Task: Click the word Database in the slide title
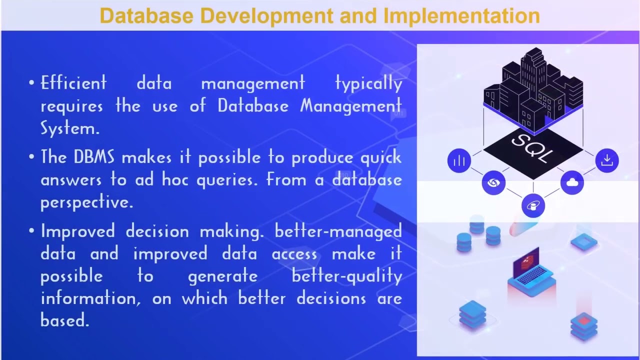146,15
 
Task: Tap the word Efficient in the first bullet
73,83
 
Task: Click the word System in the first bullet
70,127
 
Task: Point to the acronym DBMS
94,157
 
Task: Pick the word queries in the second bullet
227,180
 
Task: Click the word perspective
87,203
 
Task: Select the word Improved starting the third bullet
77,231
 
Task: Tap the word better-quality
347,276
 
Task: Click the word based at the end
65,319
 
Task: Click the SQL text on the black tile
532,147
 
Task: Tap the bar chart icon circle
459,160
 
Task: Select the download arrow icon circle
607,160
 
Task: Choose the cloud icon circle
572,182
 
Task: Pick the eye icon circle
493,182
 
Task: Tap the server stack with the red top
583,326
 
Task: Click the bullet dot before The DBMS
31,156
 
